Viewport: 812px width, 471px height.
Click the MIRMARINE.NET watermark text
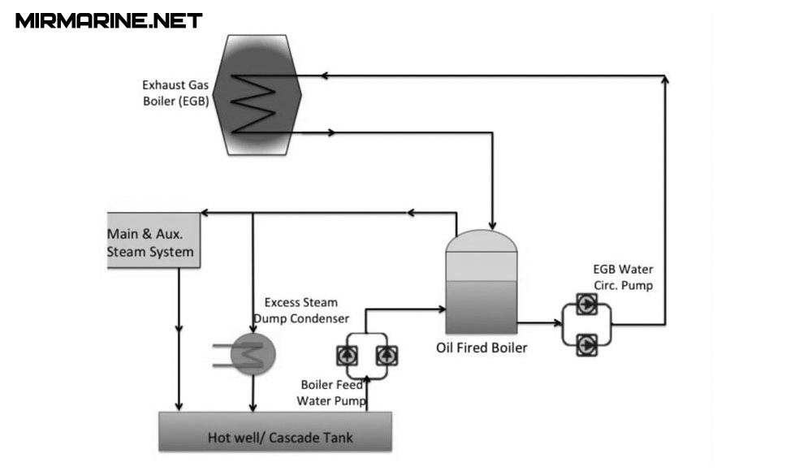point(109,20)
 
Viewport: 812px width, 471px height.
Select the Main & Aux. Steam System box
point(153,240)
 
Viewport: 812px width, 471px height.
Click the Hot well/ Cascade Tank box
point(274,430)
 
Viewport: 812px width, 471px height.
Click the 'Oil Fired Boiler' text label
point(482,348)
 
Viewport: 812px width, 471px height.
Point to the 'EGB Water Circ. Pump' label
point(623,277)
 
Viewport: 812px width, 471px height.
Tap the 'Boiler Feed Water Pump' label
point(331,392)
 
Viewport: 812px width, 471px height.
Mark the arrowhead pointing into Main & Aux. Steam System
point(206,214)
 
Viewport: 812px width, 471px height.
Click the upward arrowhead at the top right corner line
point(666,80)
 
